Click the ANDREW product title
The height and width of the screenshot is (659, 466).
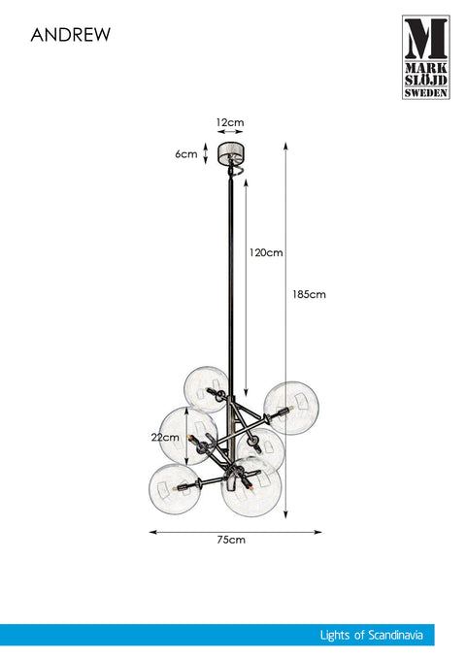click(71, 35)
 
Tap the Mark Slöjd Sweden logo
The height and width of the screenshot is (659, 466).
click(425, 57)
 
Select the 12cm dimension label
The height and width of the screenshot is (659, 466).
click(230, 122)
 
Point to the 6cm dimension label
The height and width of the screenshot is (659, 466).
click(186, 153)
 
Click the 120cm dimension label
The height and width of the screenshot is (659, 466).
click(266, 252)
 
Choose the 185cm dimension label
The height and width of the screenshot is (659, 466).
click(309, 294)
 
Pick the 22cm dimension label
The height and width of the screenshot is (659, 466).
click(165, 437)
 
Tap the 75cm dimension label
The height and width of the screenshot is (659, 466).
click(231, 540)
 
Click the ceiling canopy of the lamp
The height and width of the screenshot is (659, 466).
click(230, 153)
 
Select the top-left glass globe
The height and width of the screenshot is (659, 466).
click(207, 389)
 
